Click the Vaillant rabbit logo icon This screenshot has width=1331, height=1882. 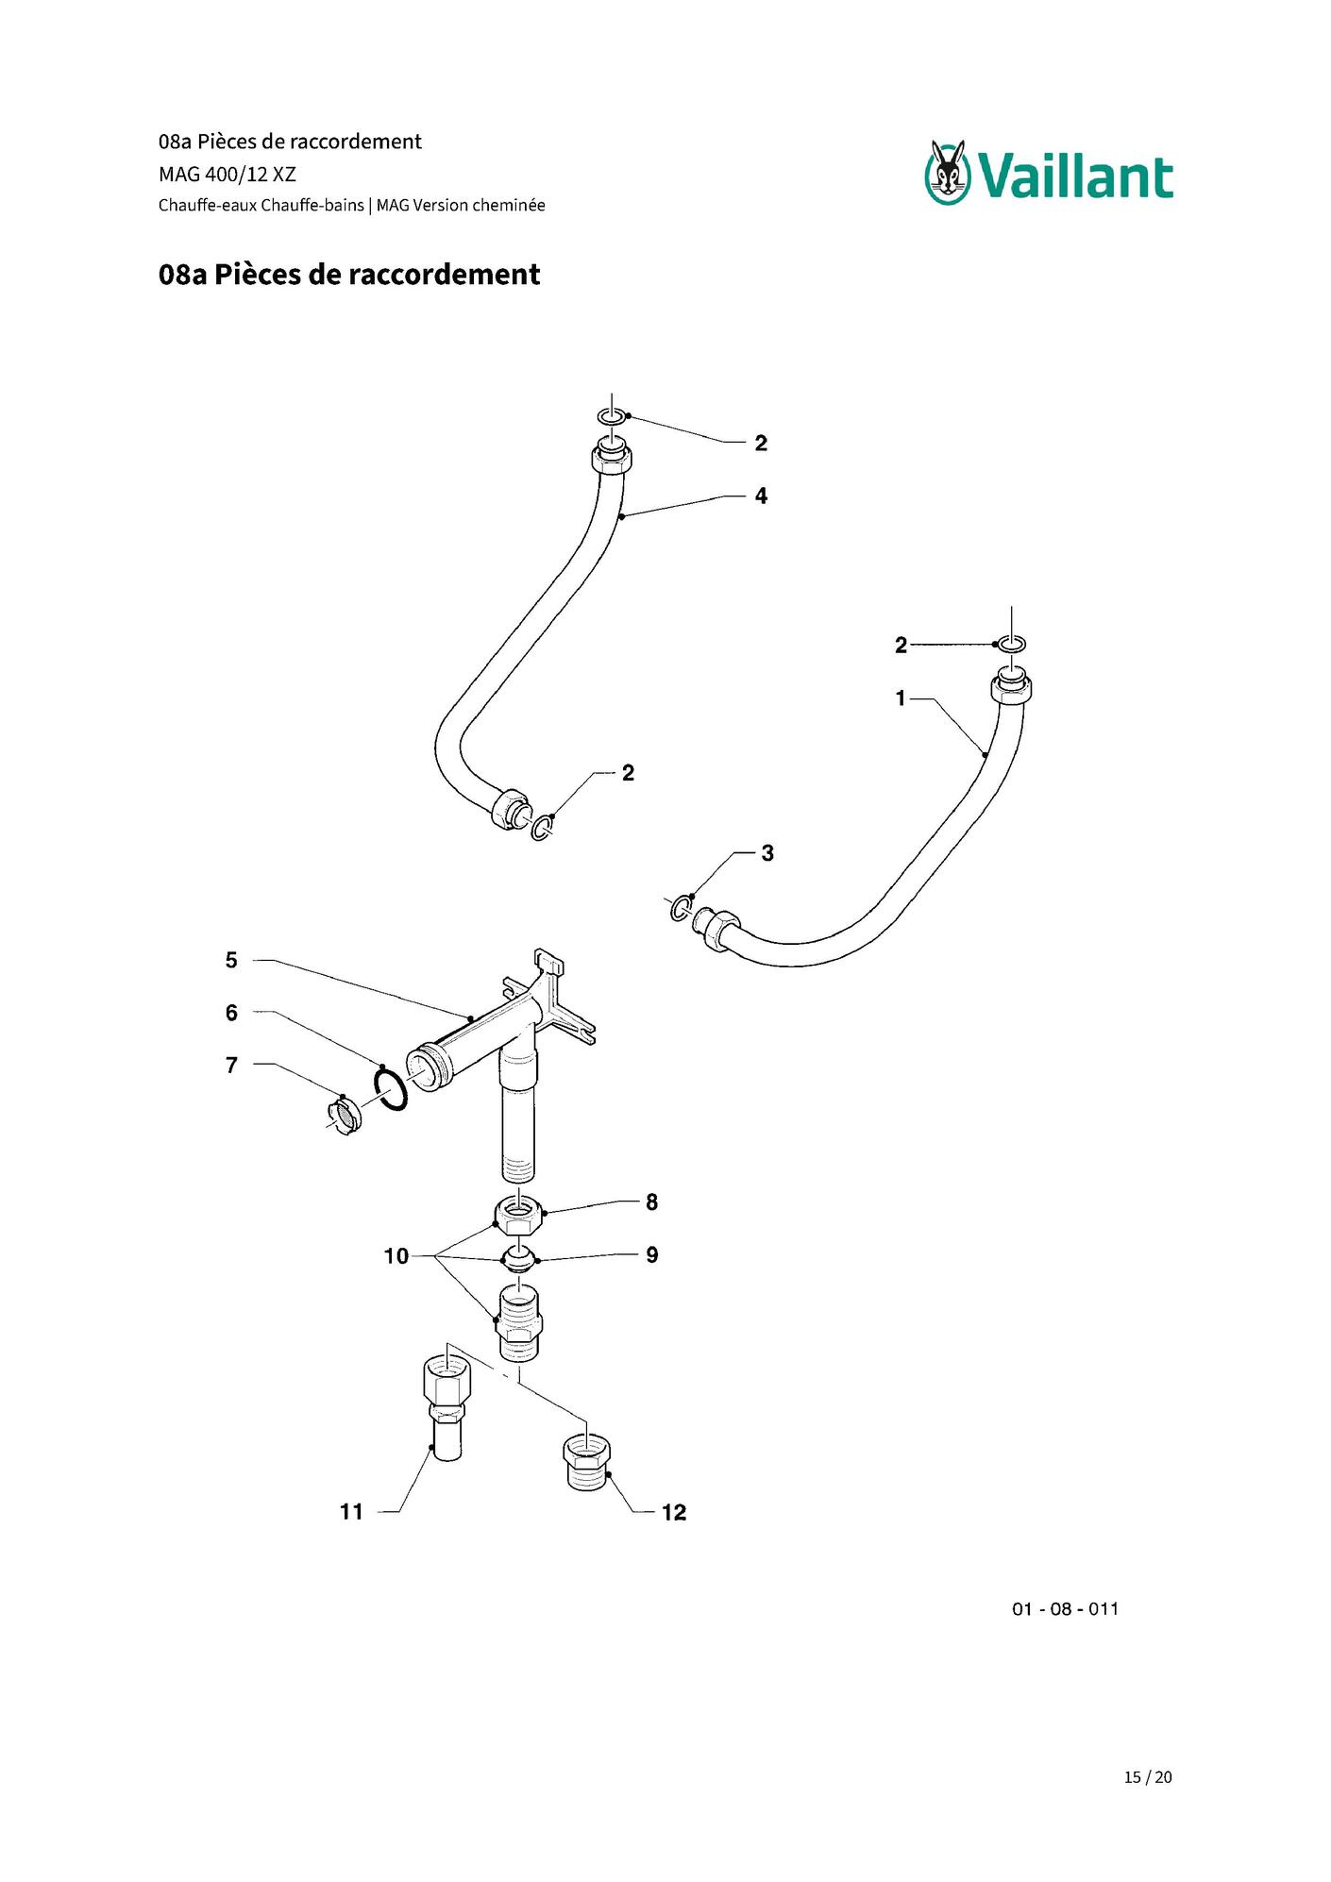(x=949, y=173)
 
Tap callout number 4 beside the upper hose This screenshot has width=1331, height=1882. (x=761, y=496)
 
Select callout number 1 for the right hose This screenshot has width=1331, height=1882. (x=901, y=698)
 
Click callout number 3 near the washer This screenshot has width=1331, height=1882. (x=767, y=853)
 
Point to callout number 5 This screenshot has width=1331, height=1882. (x=231, y=961)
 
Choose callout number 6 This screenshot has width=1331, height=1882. (x=231, y=1013)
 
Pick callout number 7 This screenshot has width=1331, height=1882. (x=231, y=1066)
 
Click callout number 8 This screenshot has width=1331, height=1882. (x=651, y=1202)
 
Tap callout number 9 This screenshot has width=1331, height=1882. (x=651, y=1255)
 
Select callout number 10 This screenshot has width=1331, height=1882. (x=396, y=1256)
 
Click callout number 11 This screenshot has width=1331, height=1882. (x=351, y=1512)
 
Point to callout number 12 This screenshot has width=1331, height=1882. (x=674, y=1512)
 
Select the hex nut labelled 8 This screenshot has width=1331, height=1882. (x=518, y=1213)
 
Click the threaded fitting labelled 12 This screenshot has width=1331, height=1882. (x=587, y=1464)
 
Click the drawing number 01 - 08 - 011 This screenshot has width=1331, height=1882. (x=1065, y=1609)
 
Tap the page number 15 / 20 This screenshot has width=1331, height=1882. (x=1148, y=1777)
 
